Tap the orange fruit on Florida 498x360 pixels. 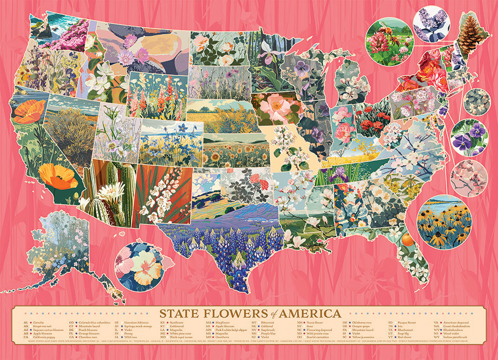click(x=407, y=239)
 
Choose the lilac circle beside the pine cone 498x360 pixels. click(x=430, y=24)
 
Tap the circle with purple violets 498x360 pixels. click(x=469, y=137)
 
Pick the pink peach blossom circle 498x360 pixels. click(x=469, y=179)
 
